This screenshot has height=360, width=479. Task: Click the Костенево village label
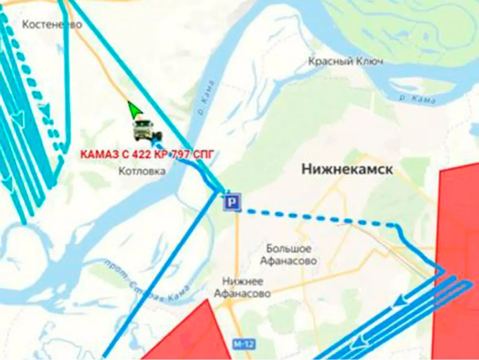click(52, 25)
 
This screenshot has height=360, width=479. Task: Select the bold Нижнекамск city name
click(347, 169)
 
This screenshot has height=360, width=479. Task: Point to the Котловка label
click(142, 171)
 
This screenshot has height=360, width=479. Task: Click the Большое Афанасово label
click(289, 255)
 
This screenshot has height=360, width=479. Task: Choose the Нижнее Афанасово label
click(242, 288)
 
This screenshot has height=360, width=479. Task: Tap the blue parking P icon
click(232, 202)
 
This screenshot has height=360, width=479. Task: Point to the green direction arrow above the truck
click(135, 109)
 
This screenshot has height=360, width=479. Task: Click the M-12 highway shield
click(244, 344)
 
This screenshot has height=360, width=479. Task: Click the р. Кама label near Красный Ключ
click(417, 98)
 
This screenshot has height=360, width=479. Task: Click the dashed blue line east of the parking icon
click(319, 217)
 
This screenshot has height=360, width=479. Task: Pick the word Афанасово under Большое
click(289, 261)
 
